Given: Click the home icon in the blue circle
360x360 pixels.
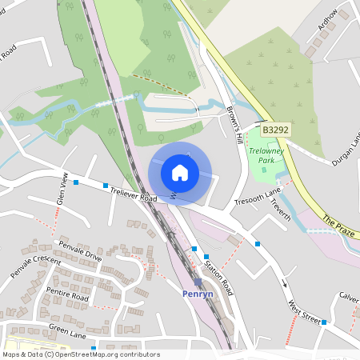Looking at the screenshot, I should coord(180,172).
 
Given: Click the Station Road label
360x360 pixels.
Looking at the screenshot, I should coord(217,274).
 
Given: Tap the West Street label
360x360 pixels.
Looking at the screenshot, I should coord(304,308).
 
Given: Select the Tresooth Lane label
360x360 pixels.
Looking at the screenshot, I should coord(258,198).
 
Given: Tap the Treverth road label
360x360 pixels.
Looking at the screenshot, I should coord(280,212).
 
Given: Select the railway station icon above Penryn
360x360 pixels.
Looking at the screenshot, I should coord(198,282).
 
